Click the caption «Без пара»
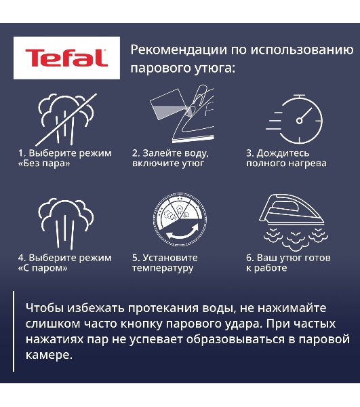click(45, 163)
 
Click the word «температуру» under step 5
click(163, 268)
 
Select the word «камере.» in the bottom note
click(47, 355)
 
